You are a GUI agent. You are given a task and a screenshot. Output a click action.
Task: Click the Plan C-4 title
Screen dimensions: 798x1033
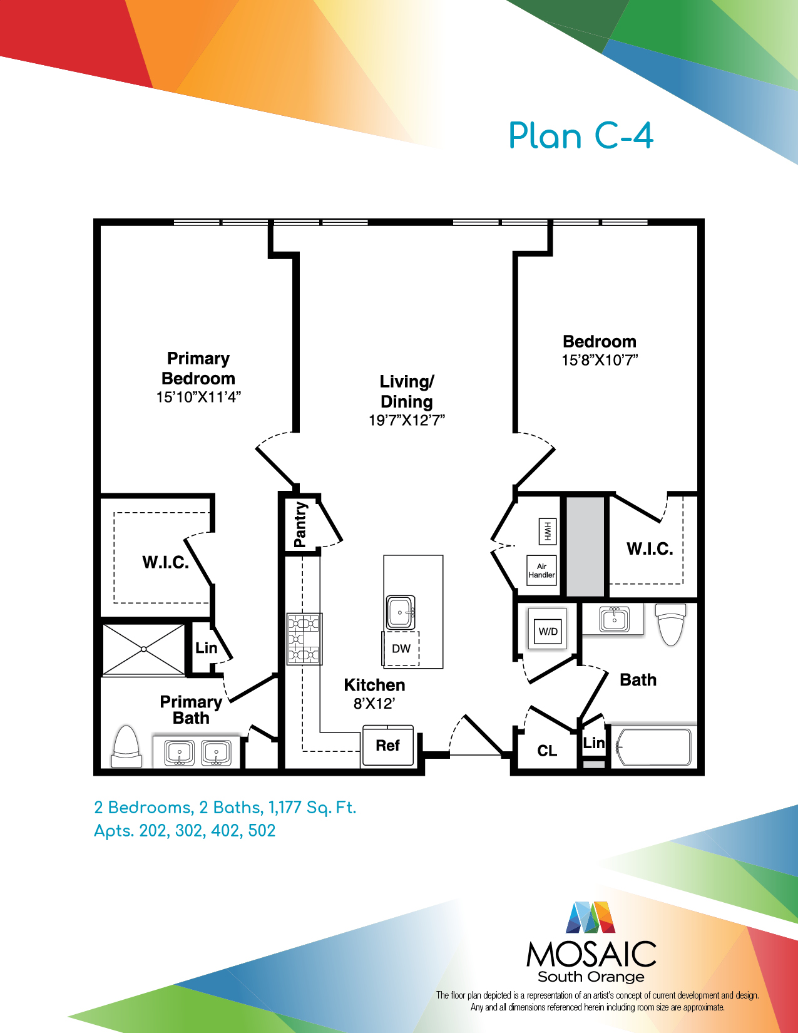point(581,136)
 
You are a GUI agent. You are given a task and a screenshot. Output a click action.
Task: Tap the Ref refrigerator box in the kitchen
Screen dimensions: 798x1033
point(388,745)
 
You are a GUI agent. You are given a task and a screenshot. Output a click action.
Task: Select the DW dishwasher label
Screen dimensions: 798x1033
point(401,649)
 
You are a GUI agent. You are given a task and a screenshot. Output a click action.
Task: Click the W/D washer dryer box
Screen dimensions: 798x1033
point(548,631)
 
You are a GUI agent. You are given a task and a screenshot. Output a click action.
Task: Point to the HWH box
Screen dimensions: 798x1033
point(547,532)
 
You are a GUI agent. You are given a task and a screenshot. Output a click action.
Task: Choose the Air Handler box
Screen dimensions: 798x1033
point(541,570)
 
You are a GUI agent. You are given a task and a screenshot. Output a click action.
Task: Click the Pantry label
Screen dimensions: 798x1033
point(300,525)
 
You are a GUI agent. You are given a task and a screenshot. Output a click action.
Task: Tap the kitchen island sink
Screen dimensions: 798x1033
point(400,613)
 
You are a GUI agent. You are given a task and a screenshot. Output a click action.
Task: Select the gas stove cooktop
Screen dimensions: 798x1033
point(304,639)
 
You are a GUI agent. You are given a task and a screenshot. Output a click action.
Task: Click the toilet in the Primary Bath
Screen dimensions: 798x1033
point(127,746)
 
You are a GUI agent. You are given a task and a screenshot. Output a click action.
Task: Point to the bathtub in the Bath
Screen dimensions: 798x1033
point(654,747)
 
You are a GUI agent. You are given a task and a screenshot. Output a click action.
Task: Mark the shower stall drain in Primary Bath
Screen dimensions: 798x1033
point(143,649)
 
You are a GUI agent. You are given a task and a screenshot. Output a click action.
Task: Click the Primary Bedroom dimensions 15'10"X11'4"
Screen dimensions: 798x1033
point(198,397)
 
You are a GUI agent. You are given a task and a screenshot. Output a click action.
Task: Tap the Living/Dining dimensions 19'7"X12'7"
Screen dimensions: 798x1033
point(407,420)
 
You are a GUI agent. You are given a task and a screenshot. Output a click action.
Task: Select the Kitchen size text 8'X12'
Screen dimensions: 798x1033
point(374,704)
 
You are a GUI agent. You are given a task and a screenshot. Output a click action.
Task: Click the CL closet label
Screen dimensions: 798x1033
point(547,751)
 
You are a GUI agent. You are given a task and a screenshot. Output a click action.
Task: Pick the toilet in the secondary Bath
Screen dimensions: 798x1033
point(670,624)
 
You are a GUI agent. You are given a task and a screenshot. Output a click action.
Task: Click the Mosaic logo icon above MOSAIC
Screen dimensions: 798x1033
point(590,917)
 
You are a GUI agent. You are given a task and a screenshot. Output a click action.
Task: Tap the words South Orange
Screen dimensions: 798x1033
point(591,977)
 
